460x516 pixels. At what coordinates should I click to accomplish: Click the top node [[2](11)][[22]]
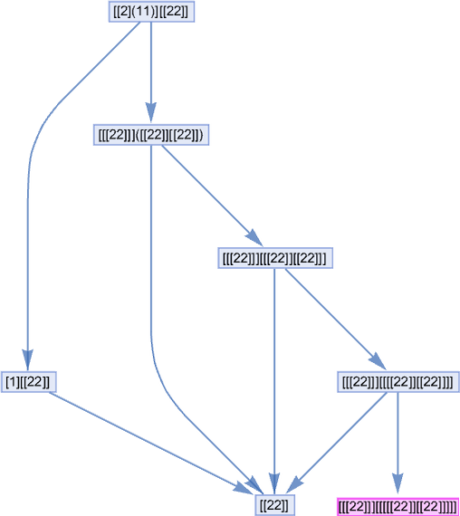click(151, 12)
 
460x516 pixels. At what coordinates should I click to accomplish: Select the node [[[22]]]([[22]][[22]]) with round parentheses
click(151, 135)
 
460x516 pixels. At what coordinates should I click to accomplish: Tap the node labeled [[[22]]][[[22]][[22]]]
click(275, 258)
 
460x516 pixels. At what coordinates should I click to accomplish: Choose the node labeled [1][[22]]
click(29, 382)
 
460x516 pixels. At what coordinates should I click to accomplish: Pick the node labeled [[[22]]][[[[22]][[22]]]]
click(398, 382)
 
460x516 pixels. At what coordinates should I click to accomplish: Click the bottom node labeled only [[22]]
click(274, 505)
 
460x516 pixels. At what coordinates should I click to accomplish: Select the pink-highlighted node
click(398, 507)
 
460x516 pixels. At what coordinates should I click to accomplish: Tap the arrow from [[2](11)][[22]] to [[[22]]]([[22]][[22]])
click(151, 72)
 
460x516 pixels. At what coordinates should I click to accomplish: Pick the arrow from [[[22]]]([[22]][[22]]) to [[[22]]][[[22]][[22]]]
click(213, 196)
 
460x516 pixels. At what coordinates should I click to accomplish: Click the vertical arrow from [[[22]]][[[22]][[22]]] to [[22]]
click(274, 381)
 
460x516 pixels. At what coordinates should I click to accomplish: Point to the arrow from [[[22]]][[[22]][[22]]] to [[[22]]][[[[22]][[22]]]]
click(336, 320)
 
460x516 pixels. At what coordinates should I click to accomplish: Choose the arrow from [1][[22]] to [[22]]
click(151, 443)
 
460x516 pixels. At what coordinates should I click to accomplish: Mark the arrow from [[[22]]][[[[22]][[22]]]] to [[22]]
click(338, 443)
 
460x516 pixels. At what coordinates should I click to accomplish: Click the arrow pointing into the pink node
click(398, 444)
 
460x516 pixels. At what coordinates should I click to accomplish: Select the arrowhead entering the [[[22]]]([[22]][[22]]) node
click(151, 112)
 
